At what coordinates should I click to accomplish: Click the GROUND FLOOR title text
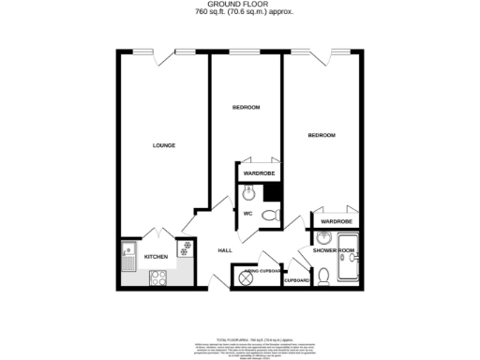[x=239, y=5]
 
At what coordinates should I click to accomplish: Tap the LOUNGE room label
[x=165, y=145]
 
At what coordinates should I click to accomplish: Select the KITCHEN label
[x=156, y=256]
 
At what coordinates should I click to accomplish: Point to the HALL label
[x=225, y=250]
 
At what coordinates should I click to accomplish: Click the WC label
[x=248, y=214]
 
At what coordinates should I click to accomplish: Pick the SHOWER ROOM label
[x=334, y=250]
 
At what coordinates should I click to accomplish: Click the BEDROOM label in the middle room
[x=246, y=108]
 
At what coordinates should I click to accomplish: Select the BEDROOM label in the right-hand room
[x=322, y=136]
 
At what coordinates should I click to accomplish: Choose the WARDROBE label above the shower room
[x=335, y=221]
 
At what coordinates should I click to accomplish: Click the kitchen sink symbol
[x=129, y=252]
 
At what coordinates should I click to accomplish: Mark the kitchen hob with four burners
[x=157, y=277]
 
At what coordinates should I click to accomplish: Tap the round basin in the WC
[x=247, y=193]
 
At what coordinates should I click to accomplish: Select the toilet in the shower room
[x=322, y=276]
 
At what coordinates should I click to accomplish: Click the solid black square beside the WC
[x=273, y=192]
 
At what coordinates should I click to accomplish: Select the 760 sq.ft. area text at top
[x=239, y=13]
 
